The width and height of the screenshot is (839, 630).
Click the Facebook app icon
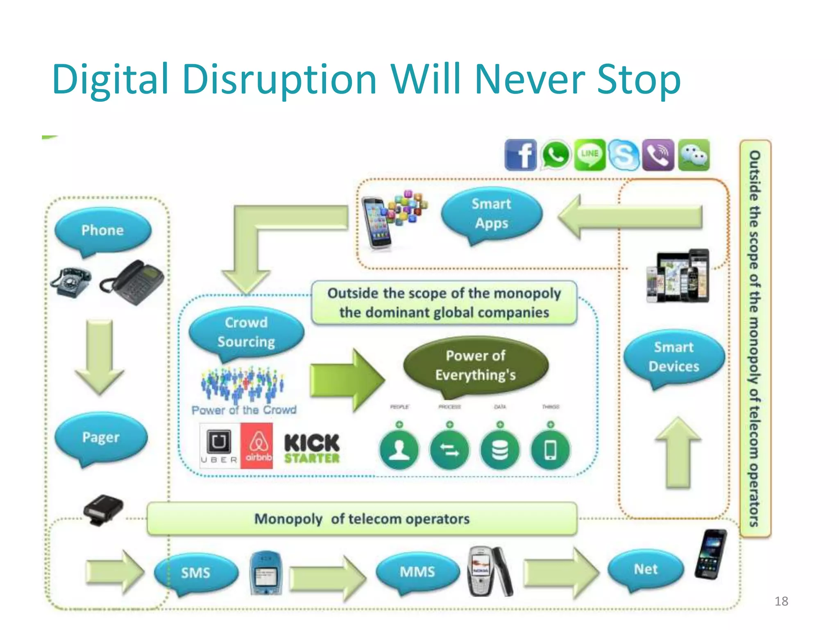pyautogui.click(x=521, y=155)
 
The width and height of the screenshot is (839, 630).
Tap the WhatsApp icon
pyautogui.click(x=556, y=155)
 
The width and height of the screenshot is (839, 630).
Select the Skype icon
pyautogui.click(x=624, y=155)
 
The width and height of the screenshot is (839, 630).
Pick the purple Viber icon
pyautogui.click(x=658, y=155)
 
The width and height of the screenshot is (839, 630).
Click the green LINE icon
pyautogui.click(x=590, y=154)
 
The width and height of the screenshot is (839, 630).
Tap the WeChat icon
pyautogui.click(x=694, y=155)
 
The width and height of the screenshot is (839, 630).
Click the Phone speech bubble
pyautogui.click(x=103, y=230)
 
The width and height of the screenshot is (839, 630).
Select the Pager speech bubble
pyautogui.click(x=101, y=437)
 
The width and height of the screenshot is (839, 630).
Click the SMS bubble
pyautogui.click(x=196, y=572)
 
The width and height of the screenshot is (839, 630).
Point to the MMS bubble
pyautogui.click(x=417, y=571)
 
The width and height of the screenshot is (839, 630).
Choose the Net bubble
pyautogui.click(x=646, y=569)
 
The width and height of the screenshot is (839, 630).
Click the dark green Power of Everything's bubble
pyautogui.click(x=476, y=365)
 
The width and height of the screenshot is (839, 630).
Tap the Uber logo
pyautogui.click(x=219, y=446)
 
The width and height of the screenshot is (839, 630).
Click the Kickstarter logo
pyautogui.click(x=312, y=448)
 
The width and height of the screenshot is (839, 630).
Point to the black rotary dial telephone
pyautogui.click(x=71, y=282)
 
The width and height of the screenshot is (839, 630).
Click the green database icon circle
pyautogui.click(x=500, y=450)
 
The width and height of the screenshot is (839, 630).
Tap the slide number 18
pyautogui.click(x=781, y=601)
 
